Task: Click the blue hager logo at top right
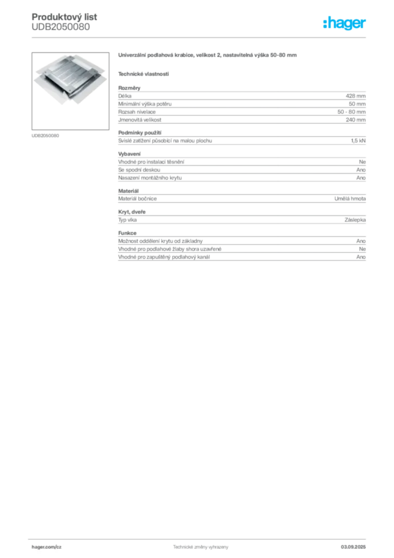click(x=345, y=23)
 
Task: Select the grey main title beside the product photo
click(x=208, y=56)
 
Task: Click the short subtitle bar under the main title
click(x=144, y=74)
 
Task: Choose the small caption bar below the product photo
click(x=45, y=135)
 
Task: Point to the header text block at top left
click(x=65, y=22)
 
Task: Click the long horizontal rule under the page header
click(x=200, y=37)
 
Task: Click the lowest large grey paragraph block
click(x=242, y=248)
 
